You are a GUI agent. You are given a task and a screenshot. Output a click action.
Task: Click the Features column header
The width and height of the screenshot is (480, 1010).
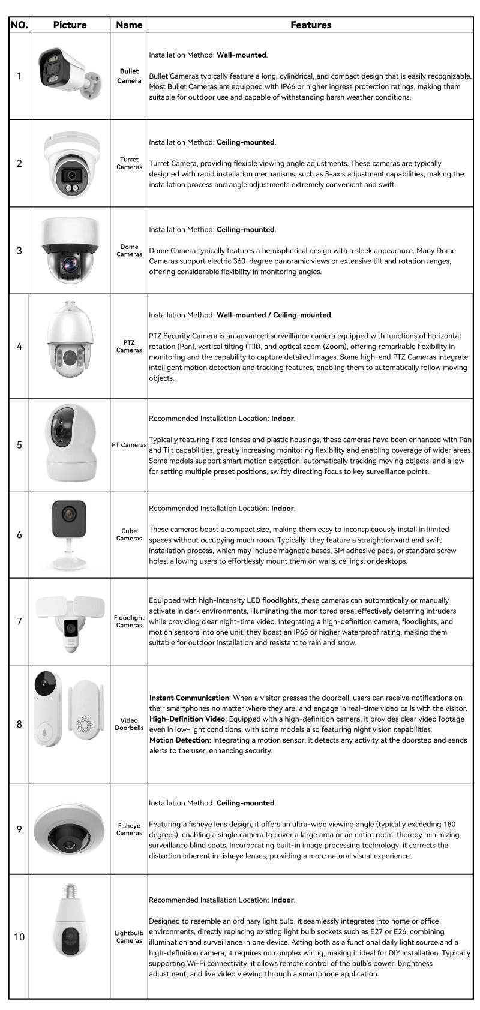[310, 25]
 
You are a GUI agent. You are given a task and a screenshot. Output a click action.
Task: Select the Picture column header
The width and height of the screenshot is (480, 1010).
[70, 25]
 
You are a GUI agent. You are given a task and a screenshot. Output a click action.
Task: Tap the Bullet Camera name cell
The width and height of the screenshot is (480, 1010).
[129, 76]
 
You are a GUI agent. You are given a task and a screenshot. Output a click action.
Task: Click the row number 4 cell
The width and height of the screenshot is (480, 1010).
[19, 347]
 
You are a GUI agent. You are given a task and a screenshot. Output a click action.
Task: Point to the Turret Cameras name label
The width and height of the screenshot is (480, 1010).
[129, 163]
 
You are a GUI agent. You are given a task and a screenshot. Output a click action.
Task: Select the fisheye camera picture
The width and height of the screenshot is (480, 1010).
[70, 829]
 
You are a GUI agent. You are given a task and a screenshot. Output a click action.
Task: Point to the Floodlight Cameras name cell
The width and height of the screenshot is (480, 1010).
[129, 621]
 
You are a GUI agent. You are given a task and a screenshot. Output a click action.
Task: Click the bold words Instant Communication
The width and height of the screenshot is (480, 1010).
[189, 698]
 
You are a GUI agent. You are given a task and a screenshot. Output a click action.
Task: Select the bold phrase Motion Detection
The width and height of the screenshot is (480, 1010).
[179, 740]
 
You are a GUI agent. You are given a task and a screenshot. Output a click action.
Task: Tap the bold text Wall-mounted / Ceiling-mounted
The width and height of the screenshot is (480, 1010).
[274, 315]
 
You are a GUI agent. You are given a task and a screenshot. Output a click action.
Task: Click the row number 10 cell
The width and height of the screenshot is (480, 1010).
[19, 937]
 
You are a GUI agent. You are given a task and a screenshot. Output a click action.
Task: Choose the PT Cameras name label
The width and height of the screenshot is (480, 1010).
[129, 445]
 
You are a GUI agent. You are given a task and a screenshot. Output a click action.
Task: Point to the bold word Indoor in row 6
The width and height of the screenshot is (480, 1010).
[283, 508]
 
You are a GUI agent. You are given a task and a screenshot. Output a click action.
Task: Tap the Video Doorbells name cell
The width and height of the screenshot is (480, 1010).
[129, 724]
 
